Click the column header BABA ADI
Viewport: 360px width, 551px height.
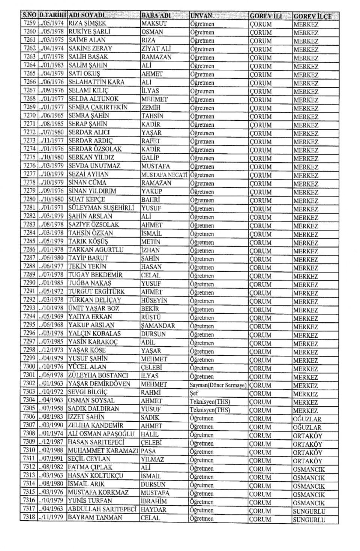click(156, 16)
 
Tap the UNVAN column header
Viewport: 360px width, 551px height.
click(201, 16)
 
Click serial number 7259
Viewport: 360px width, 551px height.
click(29, 23)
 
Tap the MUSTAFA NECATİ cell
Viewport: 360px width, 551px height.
click(164, 175)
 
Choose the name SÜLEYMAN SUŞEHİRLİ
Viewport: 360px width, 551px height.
click(101, 208)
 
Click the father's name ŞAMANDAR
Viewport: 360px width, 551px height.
click(158, 326)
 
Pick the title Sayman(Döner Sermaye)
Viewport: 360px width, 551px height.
click(218, 385)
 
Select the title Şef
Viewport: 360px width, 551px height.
click(194, 393)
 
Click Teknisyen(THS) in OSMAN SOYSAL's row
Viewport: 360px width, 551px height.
click(210, 401)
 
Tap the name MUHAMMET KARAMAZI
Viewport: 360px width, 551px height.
click(103, 451)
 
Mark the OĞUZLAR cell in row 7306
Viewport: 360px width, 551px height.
click(307, 419)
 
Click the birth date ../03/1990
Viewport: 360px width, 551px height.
click(51, 426)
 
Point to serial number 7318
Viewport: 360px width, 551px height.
click(29, 518)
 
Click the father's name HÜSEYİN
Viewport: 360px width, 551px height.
click(154, 301)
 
